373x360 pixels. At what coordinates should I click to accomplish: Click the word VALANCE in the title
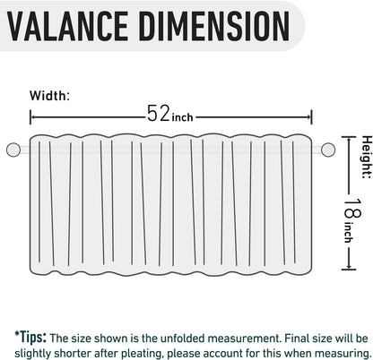67,26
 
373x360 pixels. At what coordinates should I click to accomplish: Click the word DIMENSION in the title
214,26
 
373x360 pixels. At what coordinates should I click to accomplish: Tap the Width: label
49,96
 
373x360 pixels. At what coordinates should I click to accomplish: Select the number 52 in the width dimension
159,113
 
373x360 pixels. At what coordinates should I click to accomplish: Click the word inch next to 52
182,117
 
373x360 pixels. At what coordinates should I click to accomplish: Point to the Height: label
367,157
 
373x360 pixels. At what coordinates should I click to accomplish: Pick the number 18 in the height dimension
353,208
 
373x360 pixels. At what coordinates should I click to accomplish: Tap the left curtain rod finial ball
13,150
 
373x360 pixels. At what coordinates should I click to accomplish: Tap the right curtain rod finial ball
328,150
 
